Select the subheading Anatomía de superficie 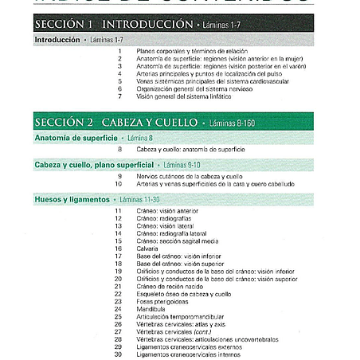click(68, 139)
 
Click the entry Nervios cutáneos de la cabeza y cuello click(190, 176)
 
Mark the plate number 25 click(118, 317)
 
